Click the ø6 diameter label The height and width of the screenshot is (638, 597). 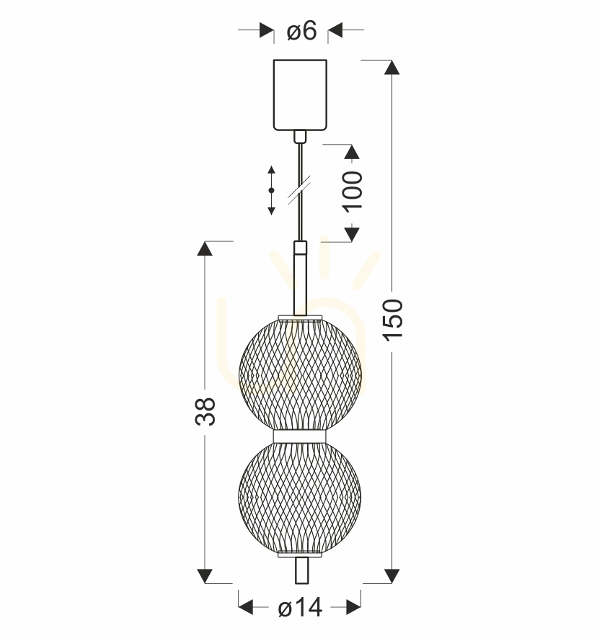[301, 30]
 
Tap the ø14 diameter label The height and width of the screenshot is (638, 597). [300, 608]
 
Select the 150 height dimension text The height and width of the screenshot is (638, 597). [393, 320]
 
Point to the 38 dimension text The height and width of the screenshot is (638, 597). [205, 411]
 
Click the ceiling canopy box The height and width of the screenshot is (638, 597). [301, 95]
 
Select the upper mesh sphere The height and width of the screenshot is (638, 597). [300, 373]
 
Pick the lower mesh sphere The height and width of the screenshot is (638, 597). [299, 499]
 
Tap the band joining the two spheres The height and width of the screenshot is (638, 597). [300, 436]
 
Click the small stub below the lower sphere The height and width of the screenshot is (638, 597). [301, 570]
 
